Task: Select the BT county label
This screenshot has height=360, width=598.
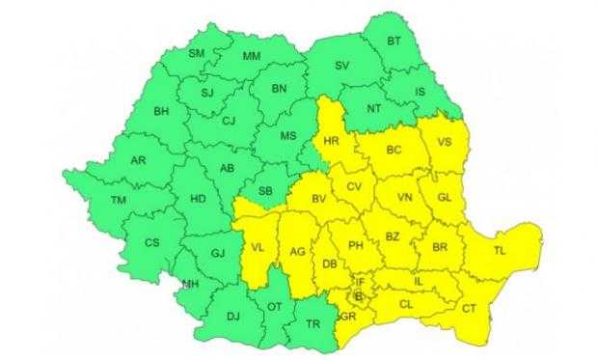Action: (394, 42)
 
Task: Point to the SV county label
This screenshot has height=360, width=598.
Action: (341, 66)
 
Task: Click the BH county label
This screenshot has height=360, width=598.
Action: (163, 111)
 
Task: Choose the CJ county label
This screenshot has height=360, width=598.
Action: (229, 121)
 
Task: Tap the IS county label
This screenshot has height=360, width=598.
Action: (420, 93)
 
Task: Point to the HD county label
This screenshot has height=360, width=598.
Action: (199, 200)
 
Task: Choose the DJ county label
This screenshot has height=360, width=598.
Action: (232, 316)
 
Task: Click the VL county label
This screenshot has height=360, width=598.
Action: (258, 248)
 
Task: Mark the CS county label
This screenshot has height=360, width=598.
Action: (151, 242)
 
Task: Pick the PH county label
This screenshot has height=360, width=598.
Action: (354, 245)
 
